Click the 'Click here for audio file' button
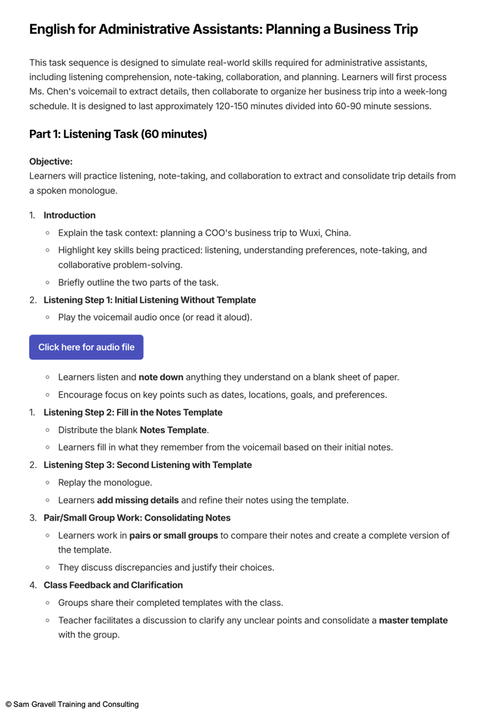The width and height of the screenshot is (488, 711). [86, 347]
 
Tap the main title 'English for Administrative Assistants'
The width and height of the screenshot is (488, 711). [223, 29]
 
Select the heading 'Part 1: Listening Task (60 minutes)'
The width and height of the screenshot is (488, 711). [118, 134]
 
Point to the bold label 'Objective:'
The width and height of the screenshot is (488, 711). [51, 161]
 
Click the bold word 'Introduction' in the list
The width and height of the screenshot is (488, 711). [70, 215]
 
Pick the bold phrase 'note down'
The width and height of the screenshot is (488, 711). [161, 377]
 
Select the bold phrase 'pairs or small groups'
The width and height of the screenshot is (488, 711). [174, 535]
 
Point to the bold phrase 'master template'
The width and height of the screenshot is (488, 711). [414, 620]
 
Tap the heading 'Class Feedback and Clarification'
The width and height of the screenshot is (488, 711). [113, 585]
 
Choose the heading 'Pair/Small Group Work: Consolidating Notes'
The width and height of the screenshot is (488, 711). [137, 517]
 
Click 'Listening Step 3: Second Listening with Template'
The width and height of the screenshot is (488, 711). [148, 465]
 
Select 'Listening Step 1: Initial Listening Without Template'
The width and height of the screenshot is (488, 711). [150, 300]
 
